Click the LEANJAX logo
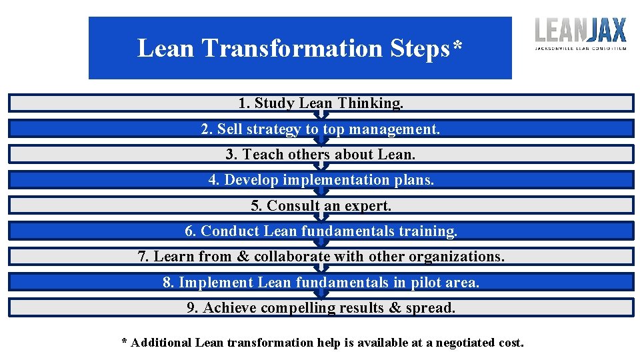pyautogui.click(x=581, y=33)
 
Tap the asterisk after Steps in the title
pyautogui.click(x=457, y=45)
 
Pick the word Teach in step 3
pyautogui.click(x=262, y=155)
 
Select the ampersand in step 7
pyautogui.click(x=243, y=257)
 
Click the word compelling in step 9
pyautogui.click(x=298, y=308)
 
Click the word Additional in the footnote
pyautogui.click(x=161, y=343)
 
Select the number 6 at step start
pyautogui.click(x=189, y=231)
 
